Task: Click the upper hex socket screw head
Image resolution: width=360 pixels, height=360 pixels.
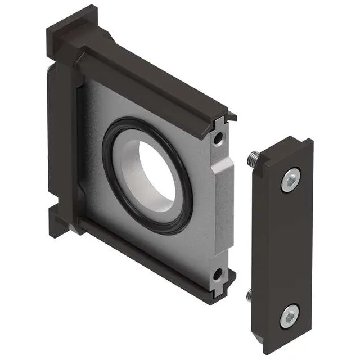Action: [290, 180]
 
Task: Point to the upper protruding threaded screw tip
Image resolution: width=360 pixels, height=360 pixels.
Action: [253, 160]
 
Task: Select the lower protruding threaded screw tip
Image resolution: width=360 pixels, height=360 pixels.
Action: [250, 295]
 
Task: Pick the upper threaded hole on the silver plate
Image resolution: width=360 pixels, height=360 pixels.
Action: [218, 137]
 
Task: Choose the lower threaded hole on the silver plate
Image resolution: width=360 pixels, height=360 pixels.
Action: [217, 275]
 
